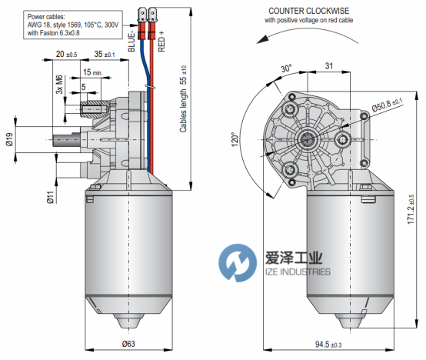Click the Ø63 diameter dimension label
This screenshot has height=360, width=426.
coord(128,344)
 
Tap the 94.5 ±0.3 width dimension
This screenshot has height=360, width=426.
coord(328,345)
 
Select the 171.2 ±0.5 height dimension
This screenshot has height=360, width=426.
coord(411,209)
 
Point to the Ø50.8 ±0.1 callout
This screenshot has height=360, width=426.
coord(387,105)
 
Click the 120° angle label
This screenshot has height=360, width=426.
coord(235,139)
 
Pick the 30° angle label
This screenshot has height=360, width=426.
coord(286,68)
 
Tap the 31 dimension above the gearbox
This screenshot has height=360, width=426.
coord(329,65)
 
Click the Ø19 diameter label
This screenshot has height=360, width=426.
coord(9,139)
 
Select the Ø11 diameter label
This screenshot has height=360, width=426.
coord(50,197)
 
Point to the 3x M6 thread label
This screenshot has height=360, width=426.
coord(59,84)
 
